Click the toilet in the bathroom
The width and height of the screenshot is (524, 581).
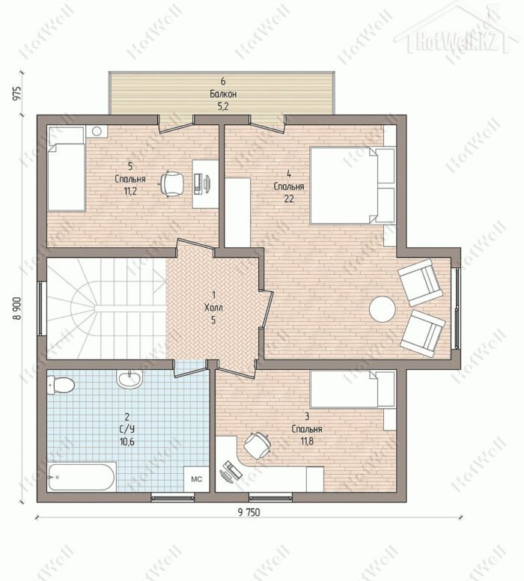[x=61, y=385]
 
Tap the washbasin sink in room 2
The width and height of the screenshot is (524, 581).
[x=129, y=379]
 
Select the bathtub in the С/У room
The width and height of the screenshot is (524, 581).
[x=82, y=477]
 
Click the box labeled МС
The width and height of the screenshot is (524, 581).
[x=196, y=478]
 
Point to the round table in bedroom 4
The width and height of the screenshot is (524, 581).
[x=382, y=309]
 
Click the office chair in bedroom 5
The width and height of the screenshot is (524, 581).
[x=171, y=183]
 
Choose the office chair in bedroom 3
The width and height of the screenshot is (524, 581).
[x=258, y=445]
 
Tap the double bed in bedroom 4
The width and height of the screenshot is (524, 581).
[x=353, y=185]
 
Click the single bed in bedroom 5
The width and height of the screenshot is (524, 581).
[x=66, y=169]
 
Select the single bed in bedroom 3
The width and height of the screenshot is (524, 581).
[x=353, y=389]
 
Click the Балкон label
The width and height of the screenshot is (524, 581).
[x=223, y=94]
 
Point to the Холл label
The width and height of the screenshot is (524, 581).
[x=213, y=307]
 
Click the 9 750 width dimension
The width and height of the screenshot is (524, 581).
[x=249, y=512]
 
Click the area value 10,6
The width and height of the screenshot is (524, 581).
[x=127, y=442]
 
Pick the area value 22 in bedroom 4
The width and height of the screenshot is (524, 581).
[x=289, y=199]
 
